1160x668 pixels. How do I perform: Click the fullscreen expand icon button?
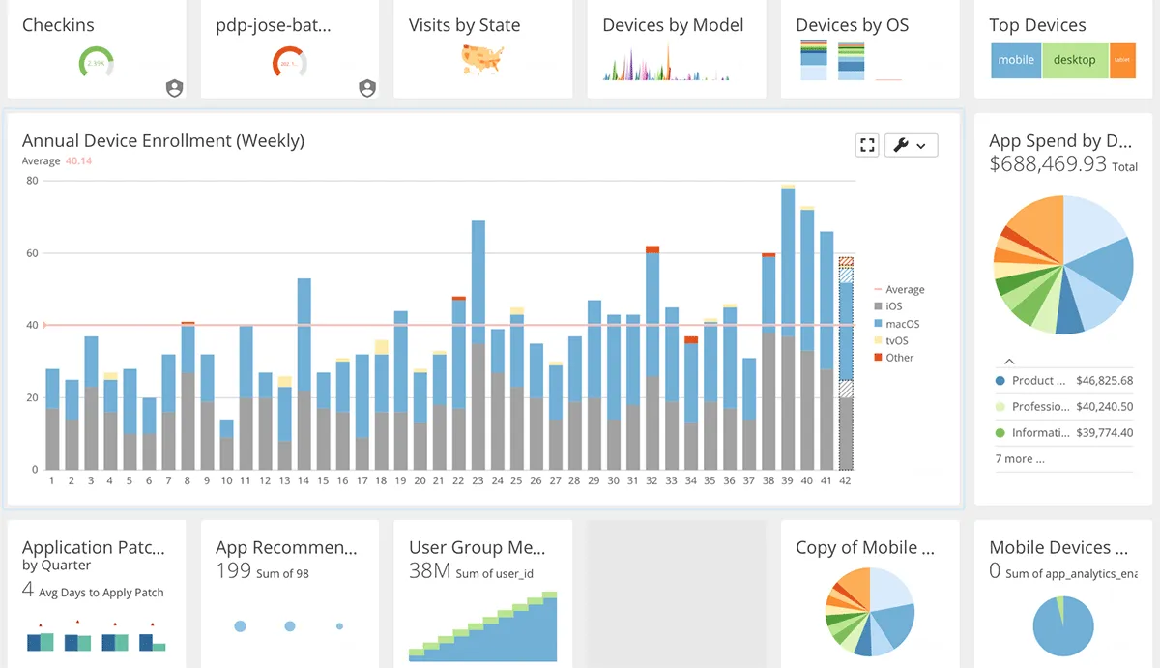click(867, 145)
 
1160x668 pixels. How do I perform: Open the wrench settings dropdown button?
click(911, 145)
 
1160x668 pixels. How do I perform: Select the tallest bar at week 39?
click(788, 329)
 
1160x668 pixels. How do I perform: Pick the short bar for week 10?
click(226, 447)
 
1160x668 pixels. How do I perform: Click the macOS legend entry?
click(903, 324)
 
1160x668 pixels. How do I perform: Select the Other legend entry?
click(899, 358)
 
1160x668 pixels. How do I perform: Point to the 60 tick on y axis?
click(32, 253)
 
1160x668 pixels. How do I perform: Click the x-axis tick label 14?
click(304, 480)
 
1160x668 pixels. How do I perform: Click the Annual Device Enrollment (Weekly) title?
click(163, 141)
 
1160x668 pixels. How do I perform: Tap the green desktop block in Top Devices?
click(1074, 60)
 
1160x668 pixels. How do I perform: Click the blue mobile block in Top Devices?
click(1016, 60)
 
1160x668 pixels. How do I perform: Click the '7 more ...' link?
click(1020, 459)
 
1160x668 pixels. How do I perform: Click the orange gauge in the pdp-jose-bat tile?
click(289, 64)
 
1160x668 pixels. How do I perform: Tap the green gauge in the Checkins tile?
click(96, 64)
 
